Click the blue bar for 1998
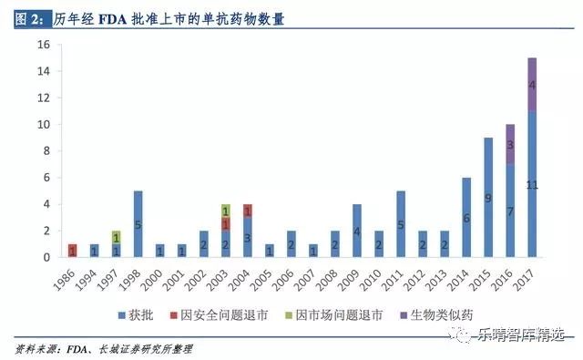(x=138, y=224)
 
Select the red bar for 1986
(x=72, y=251)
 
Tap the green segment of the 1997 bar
(x=116, y=237)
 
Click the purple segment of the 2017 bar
(x=532, y=85)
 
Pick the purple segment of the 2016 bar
(x=510, y=144)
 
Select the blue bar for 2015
(x=488, y=198)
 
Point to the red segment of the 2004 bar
(x=248, y=211)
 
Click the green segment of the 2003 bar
(x=226, y=211)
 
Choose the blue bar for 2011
(x=401, y=224)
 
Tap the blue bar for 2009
(x=357, y=231)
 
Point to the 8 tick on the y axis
(x=46, y=151)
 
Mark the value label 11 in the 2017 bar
(x=532, y=185)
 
